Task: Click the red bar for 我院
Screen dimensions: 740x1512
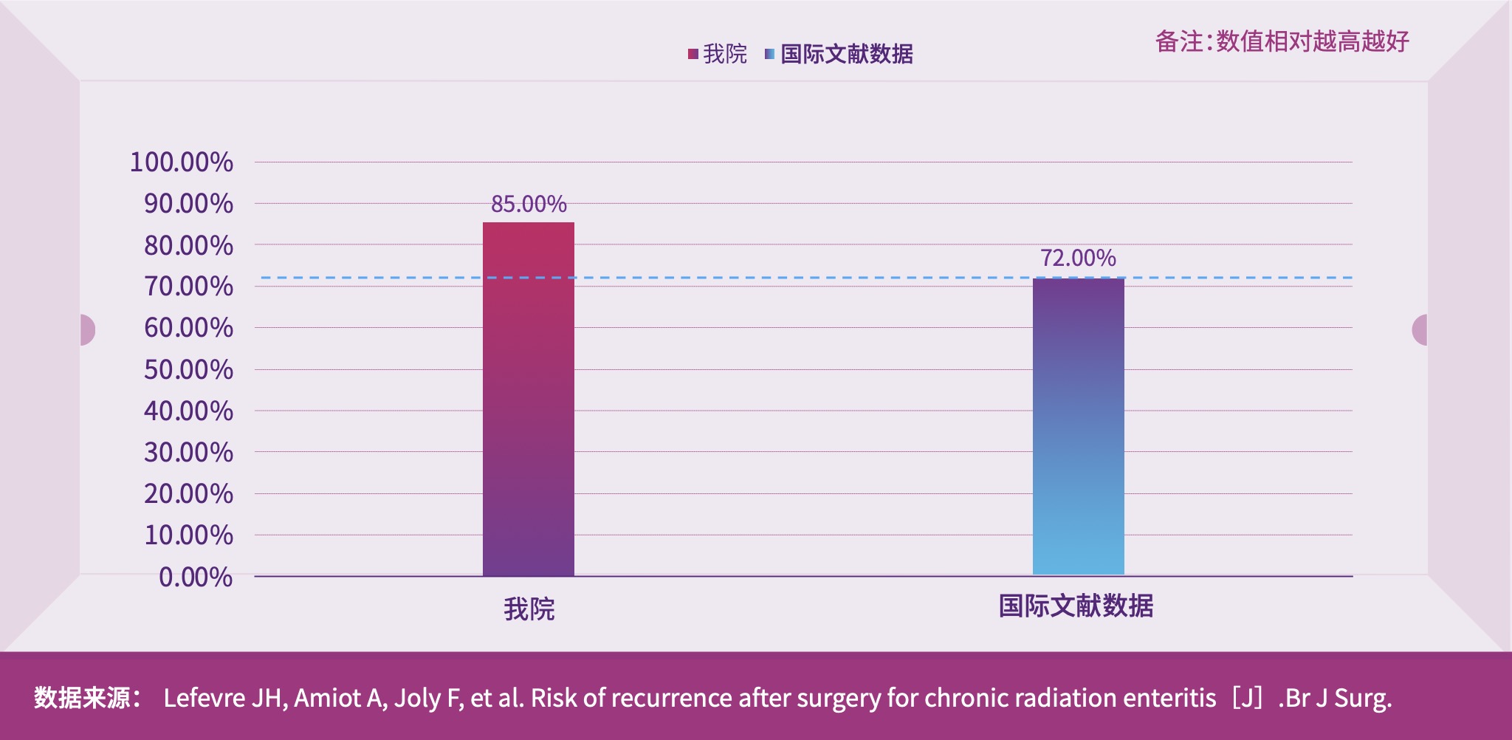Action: (x=529, y=399)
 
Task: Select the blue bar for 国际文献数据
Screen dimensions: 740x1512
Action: (x=1078, y=426)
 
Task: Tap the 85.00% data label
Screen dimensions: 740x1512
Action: (x=529, y=204)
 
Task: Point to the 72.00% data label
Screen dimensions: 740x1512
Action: (x=1078, y=258)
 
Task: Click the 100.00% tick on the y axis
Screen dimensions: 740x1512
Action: (x=182, y=162)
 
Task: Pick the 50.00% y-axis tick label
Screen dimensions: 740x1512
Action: (x=188, y=369)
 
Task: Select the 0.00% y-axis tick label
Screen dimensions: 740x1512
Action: (x=196, y=577)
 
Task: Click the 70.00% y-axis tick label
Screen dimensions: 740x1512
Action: (x=188, y=286)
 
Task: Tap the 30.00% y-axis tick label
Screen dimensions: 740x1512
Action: (x=188, y=452)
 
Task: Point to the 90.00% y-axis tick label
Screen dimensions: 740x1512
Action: (x=188, y=203)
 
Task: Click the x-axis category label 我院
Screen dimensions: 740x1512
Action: (x=529, y=609)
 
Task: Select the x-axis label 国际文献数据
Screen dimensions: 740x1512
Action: (x=1076, y=606)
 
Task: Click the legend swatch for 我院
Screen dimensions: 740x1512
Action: (x=693, y=54)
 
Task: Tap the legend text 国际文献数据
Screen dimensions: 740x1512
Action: (x=847, y=54)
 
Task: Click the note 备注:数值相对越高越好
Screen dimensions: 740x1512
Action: (x=1282, y=41)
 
